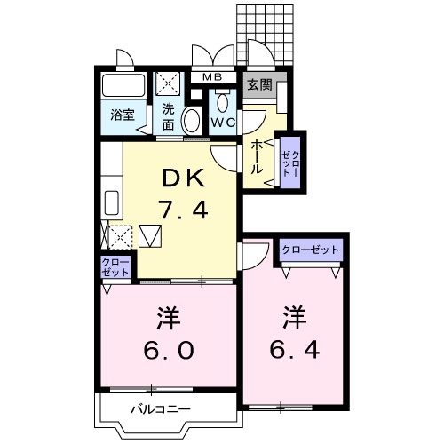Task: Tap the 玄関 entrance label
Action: click(x=259, y=86)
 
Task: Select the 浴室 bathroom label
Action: click(x=121, y=115)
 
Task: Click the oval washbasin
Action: click(x=190, y=121)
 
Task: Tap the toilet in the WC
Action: click(x=220, y=100)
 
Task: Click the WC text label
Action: click(x=221, y=123)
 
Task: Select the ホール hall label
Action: click(x=257, y=155)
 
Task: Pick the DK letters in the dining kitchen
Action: click(x=182, y=178)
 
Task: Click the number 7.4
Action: click(x=182, y=210)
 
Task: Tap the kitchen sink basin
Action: click(x=112, y=202)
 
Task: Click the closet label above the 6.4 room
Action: click(x=310, y=250)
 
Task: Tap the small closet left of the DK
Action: click(x=115, y=267)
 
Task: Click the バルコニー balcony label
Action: click(x=160, y=408)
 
